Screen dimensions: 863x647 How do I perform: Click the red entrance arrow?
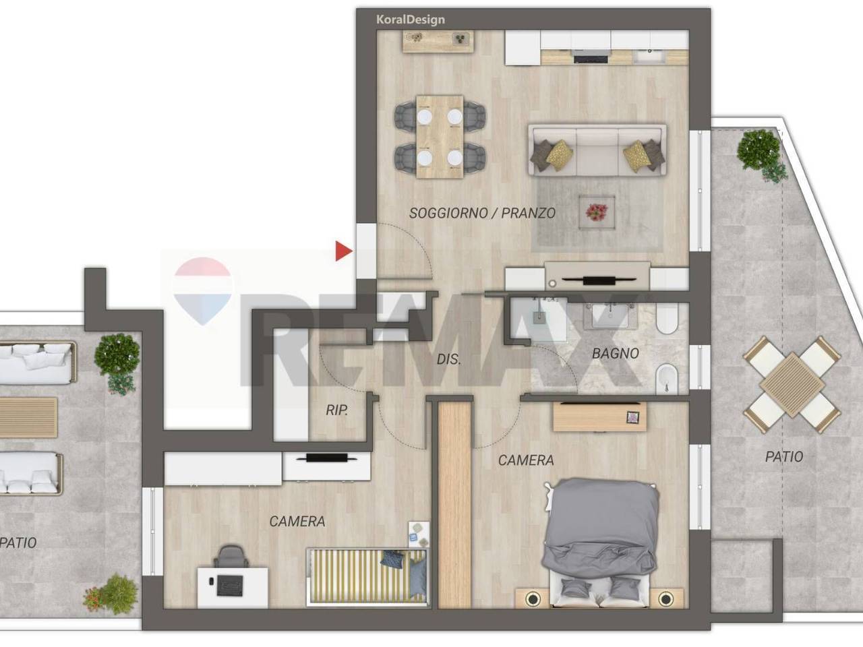343,251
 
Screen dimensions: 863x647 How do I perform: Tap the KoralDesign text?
411,20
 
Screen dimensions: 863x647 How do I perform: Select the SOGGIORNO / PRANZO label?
483,213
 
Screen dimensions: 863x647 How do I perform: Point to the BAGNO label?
616,354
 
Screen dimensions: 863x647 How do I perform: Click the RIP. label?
337,410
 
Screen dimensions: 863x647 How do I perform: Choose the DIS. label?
449,359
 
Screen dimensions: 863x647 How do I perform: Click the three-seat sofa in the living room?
597,150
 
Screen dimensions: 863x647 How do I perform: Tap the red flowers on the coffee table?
597,212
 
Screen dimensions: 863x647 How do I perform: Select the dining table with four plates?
440,137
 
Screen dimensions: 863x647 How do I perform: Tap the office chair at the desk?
231,556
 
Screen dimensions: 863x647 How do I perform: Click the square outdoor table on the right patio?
792,385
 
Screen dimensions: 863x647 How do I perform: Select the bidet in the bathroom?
667,377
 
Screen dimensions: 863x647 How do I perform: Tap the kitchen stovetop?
591,59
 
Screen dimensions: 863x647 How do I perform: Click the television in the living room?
599,280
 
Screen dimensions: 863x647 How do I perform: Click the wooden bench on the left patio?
28,417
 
